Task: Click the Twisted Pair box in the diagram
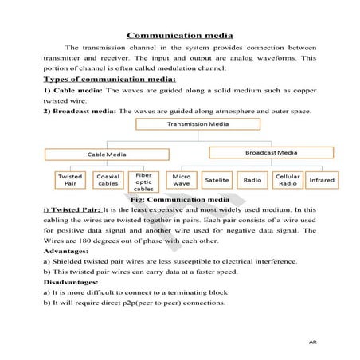pos(69,180)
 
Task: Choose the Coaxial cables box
pos(107,180)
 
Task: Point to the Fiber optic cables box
pos(143,182)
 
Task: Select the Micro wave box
pos(181,180)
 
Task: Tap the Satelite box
pos(217,180)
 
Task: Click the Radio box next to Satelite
pos(252,180)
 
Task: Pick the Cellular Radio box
pos(287,180)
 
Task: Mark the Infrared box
pos(322,180)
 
